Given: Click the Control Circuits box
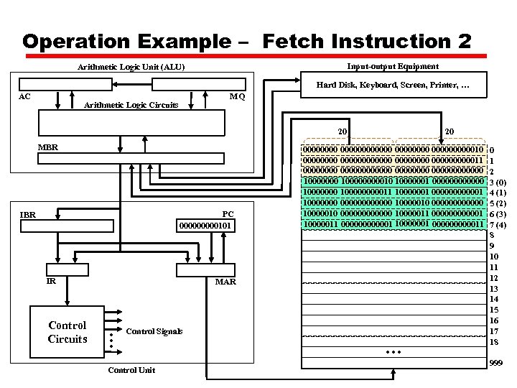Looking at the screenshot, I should coord(67,332).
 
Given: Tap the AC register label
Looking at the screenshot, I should coord(24,96).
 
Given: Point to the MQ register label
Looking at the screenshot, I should coord(237,97).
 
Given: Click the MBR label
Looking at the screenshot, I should coord(48,147).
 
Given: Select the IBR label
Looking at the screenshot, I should coord(28,214).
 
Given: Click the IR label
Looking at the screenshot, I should coord(51,281).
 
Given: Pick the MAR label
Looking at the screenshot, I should coord(225,282).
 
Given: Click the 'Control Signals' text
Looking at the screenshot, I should coord(154,331).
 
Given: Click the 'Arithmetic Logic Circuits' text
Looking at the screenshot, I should coord(131,105).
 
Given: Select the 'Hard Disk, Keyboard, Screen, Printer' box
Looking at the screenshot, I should coord(393,86).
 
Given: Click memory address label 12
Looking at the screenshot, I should coord(493,278).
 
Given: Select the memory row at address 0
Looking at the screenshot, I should coord(393,149).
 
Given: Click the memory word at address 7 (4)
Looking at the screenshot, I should coord(393,223).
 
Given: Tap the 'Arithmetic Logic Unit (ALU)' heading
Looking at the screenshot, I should coord(131,67).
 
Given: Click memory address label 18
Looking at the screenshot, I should coord(493,342).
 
